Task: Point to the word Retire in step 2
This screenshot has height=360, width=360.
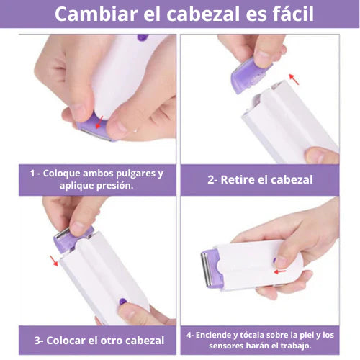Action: pos(238,180)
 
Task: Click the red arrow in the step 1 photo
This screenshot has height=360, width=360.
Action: pos(99,122)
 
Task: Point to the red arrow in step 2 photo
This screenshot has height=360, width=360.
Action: pos(294,79)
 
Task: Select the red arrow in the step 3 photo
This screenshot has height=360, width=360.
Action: pos(54,261)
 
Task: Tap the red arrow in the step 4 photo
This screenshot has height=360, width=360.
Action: pos(280,271)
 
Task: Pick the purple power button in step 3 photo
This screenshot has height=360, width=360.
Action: pos(122,302)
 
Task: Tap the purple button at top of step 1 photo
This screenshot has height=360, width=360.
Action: pos(143,37)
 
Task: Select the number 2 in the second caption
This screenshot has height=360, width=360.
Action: pos(211,180)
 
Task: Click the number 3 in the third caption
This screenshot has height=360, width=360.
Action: pos(37,341)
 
